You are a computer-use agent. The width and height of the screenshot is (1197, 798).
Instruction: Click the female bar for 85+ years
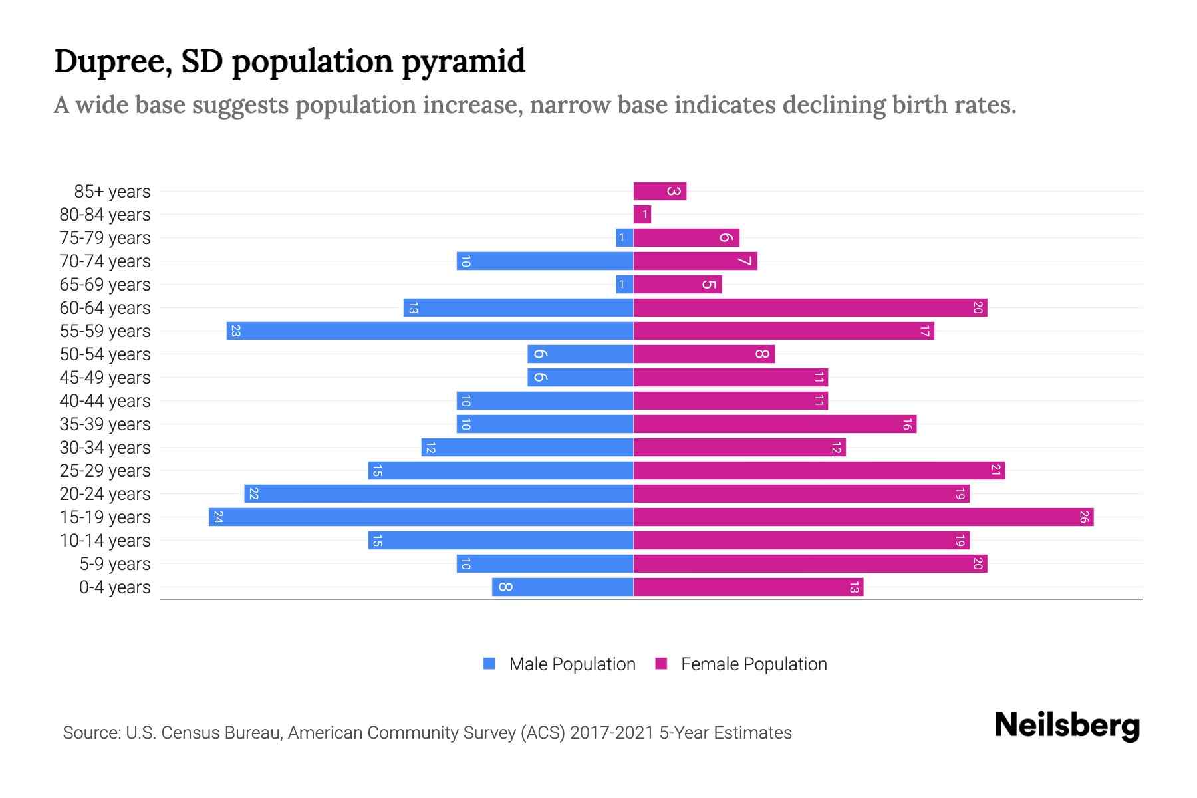pyautogui.click(x=659, y=192)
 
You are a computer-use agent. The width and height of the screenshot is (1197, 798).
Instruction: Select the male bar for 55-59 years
pyautogui.click(x=430, y=331)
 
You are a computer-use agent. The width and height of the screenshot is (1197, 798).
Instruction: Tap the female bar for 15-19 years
pyautogui.click(x=863, y=517)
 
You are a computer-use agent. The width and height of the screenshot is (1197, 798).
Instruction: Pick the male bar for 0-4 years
pyautogui.click(x=563, y=587)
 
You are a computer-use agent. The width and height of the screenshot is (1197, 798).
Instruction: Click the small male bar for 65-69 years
pyautogui.click(x=624, y=285)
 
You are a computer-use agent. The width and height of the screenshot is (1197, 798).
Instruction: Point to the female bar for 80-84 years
pyautogui.click(x=642, y=215)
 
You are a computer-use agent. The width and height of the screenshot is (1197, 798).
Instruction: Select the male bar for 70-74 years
pyautogui.click(x=545, y=261)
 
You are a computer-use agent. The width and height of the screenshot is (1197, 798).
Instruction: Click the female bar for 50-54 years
pyautogui.click(x=704, y=354)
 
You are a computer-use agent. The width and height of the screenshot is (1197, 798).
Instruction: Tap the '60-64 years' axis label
pyautogui.click(x=105, y=308)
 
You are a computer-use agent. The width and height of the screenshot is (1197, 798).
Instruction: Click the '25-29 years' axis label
pyautogui.click(x=105, y=471)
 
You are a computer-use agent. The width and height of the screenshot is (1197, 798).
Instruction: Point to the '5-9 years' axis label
pyautogui.click(x=115, y=564)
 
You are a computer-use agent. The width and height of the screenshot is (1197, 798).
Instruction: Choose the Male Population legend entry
pyautogui.click(x=572, y=664)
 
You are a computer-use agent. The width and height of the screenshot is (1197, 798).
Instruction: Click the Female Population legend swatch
pyautogui.click(x=661, y=664)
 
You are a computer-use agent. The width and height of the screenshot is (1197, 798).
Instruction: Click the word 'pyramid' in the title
pyautogui.click(x=463, y=62)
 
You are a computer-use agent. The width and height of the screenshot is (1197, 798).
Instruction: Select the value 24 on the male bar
pyautogui.click(x=218, y=517)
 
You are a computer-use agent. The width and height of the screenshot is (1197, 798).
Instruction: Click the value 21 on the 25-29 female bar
pyautogui.click(x=996, y=471)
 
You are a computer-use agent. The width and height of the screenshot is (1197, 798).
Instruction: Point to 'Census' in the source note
pyautogui.click(x=189, y=733)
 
